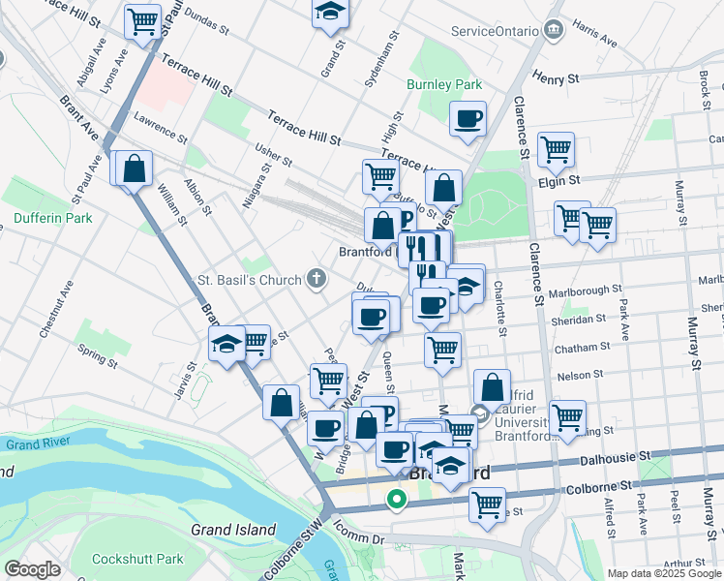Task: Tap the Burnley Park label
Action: click(x=444, y=85)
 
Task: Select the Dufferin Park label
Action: click(x=53, y=218)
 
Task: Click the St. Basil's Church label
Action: click(x=250, y=281)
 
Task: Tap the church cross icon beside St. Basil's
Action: click(x=316, y=281)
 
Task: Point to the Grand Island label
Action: click(x=232, y=530)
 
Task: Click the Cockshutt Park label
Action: click(x=137, y=559)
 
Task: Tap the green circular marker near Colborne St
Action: click(x=396, y=501)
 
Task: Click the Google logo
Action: click(x=32, y=569)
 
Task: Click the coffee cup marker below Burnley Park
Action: click(x=468, y=119)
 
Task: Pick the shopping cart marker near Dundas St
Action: click(x=142, y=19)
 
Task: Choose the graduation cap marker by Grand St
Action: click(x=330, y=12)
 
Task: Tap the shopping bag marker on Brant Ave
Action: click(x=135, y=168)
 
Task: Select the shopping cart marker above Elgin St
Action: click(x=556, y=149)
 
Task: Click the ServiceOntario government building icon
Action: click(x=553, y=30)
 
